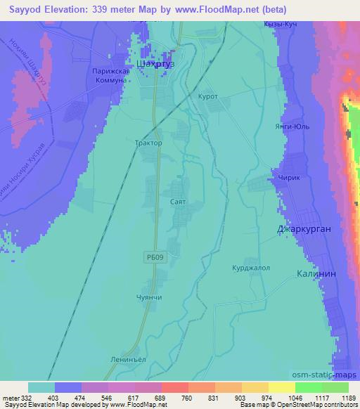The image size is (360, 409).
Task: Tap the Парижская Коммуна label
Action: click(109, 76)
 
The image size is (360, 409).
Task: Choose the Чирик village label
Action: click(289, 178)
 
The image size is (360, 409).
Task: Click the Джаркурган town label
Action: click(303, 229)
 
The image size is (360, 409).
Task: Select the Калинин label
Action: click(316, 274)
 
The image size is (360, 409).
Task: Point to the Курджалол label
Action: click(251, 268)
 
